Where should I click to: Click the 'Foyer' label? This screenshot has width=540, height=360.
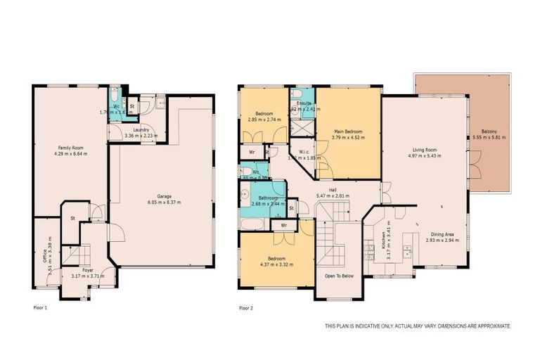[87, 269]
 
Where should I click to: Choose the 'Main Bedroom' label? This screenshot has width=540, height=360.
[348, 131]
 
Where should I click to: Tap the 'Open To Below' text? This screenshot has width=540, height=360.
[339, 276]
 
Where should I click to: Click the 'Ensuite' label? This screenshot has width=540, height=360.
[304, 103]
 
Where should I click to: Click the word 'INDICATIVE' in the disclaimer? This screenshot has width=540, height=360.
[371, 326]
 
